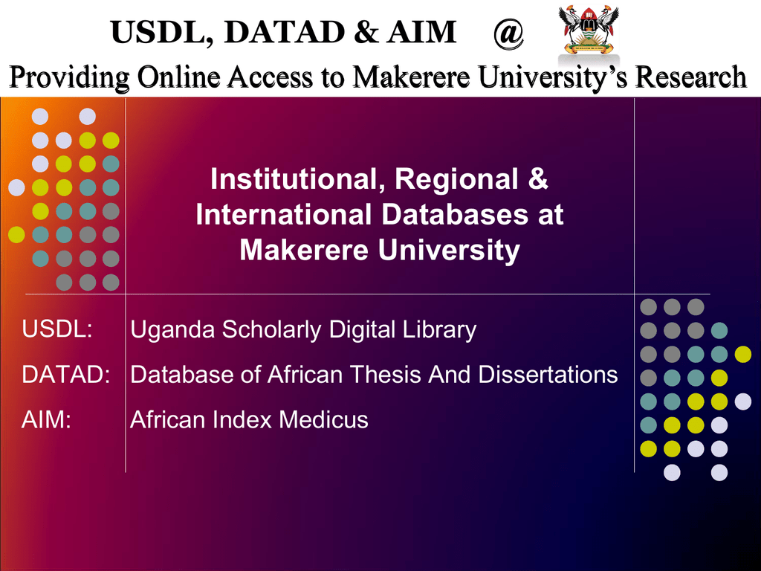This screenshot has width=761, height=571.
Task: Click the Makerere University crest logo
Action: (589, 29)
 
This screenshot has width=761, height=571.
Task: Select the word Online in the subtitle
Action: (178, 77)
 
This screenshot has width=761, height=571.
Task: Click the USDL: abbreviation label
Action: (57, 329)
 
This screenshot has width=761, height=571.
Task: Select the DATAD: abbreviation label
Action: (66, 375)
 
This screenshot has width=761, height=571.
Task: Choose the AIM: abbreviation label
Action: (46, 419)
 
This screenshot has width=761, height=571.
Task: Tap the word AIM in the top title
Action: (421, 33)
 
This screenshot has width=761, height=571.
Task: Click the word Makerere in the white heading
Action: (305, 250)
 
